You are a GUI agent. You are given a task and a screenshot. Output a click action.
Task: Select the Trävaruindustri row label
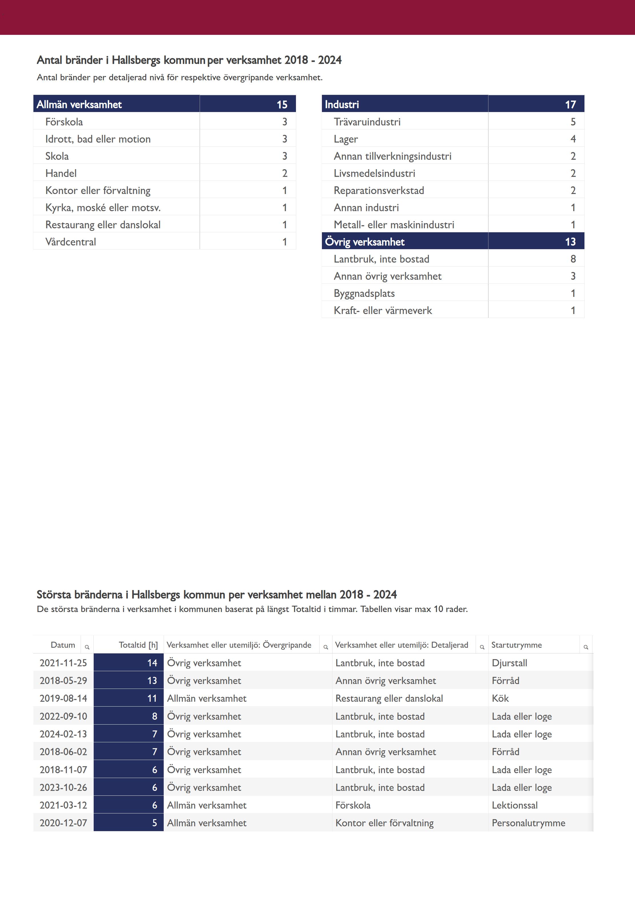click(367, 122)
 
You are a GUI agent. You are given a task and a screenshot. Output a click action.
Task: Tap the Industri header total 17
click(570, 104)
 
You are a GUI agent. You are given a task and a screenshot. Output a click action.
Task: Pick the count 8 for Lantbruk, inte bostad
click(573, 259)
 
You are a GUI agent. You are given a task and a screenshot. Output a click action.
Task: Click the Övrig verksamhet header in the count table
click(364, 241)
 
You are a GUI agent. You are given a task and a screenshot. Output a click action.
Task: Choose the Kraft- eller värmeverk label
click(382, 310)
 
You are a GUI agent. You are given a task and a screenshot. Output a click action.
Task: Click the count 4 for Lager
click(573, 139)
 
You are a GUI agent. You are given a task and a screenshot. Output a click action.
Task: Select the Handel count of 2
click(285, 173)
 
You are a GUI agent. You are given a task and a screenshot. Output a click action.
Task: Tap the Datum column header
click(63, 645)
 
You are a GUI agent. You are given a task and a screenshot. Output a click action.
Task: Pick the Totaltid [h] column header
click(138, 645)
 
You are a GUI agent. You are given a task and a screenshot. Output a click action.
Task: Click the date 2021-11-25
click(63, 663)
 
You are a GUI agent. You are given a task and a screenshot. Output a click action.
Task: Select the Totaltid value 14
click(152, 663)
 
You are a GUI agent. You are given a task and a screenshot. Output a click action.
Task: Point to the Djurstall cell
click(509, 663)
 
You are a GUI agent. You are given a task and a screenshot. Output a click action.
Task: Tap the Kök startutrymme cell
click(500, 698)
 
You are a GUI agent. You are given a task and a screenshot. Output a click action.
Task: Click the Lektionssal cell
click(514, 805)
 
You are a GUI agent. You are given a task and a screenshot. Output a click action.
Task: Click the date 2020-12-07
click(63, 823)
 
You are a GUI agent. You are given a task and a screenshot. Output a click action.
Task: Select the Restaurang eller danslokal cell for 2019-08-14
click(389, 698)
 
